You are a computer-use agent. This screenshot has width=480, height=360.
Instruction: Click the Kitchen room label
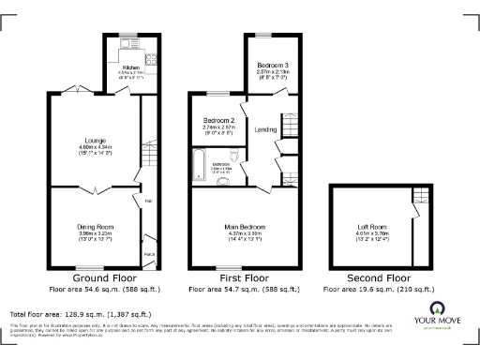[130, 67]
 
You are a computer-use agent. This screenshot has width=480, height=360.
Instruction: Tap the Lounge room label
[89, 141]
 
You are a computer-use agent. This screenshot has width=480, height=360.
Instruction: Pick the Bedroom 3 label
[273, 64]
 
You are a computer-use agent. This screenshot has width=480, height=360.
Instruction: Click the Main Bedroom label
[247, 226]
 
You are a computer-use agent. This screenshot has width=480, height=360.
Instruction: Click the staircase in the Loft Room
[419, 195]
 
